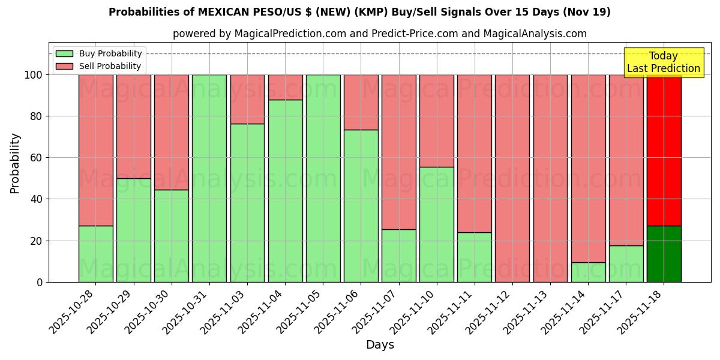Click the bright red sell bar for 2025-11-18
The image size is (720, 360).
pyautogui.click(x=664, y=150)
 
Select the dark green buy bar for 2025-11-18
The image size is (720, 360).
pyautogui.click(x=664, y=254)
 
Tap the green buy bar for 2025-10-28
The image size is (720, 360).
pyautogui.click(x=96, y=254)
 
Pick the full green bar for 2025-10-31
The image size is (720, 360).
pyautogui.click(x=209, y=178)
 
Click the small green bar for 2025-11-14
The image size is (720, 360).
pyautogui.click(x=588, y=272)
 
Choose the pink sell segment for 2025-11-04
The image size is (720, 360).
pyautogui.click(x=286, y=87)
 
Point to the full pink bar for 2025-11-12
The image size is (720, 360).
pyautogui.click(x=512, y=178)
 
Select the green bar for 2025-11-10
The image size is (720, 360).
pyautogui.click(x=437, y=224)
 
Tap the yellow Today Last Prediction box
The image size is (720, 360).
pyautogui.click(x=664, y=62)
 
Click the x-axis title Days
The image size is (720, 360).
pyautogui.click(x=380, y=345)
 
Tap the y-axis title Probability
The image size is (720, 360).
pyautogui.click(x=15, y=163)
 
